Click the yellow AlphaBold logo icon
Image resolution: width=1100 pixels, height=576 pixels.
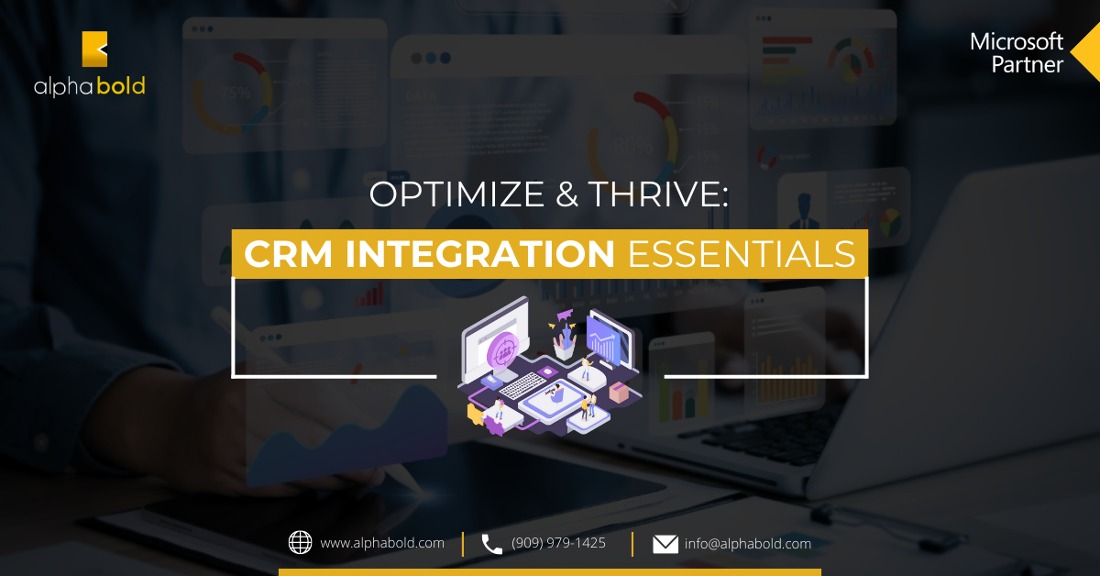coord(94,50)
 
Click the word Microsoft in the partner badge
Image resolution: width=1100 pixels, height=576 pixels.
coord(1016,41)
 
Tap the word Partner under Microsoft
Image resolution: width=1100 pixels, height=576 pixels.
coord(1027,64)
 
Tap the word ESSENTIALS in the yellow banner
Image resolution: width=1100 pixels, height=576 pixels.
coord(742,253)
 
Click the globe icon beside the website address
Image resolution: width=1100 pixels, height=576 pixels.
coord(300,543)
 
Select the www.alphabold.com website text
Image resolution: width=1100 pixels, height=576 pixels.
coord(382,543)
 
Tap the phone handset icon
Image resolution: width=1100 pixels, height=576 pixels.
coord(491,544)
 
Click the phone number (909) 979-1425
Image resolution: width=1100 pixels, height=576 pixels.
coord(558,543)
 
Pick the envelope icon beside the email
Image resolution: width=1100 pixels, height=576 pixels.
coord(665,544)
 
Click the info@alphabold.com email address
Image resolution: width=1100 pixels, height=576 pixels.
coord(748,543)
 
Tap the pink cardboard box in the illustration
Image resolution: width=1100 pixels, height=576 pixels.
coord(619,392)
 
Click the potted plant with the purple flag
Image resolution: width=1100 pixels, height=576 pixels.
coord(563,336)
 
